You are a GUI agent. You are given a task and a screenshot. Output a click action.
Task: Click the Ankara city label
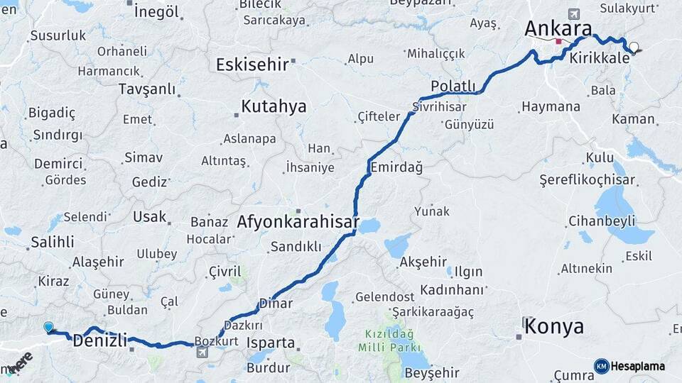point(558,29)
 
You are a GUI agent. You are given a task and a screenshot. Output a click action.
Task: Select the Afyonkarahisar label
point(298,221)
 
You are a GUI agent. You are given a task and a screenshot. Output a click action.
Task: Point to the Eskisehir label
point(252,65)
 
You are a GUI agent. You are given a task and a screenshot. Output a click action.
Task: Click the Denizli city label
point(100,341)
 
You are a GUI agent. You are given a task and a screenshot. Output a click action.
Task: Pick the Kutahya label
point(274,107)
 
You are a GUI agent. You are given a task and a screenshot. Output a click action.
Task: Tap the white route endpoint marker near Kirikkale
point(634,48)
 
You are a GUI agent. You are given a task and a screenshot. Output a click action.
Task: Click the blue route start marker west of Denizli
point(48,327)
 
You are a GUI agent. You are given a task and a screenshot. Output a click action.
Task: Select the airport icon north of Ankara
point(574,13)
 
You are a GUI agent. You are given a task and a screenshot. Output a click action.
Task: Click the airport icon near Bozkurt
point(202,353)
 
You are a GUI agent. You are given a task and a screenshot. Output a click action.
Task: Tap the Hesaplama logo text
point(638,366)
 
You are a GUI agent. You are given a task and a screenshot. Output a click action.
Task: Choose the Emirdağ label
point(396,168)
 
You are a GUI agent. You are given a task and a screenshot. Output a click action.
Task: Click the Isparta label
point(270,343)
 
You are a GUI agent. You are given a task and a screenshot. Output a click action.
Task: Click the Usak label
point(150,217)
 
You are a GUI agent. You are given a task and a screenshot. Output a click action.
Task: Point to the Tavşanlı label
point(147,89)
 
